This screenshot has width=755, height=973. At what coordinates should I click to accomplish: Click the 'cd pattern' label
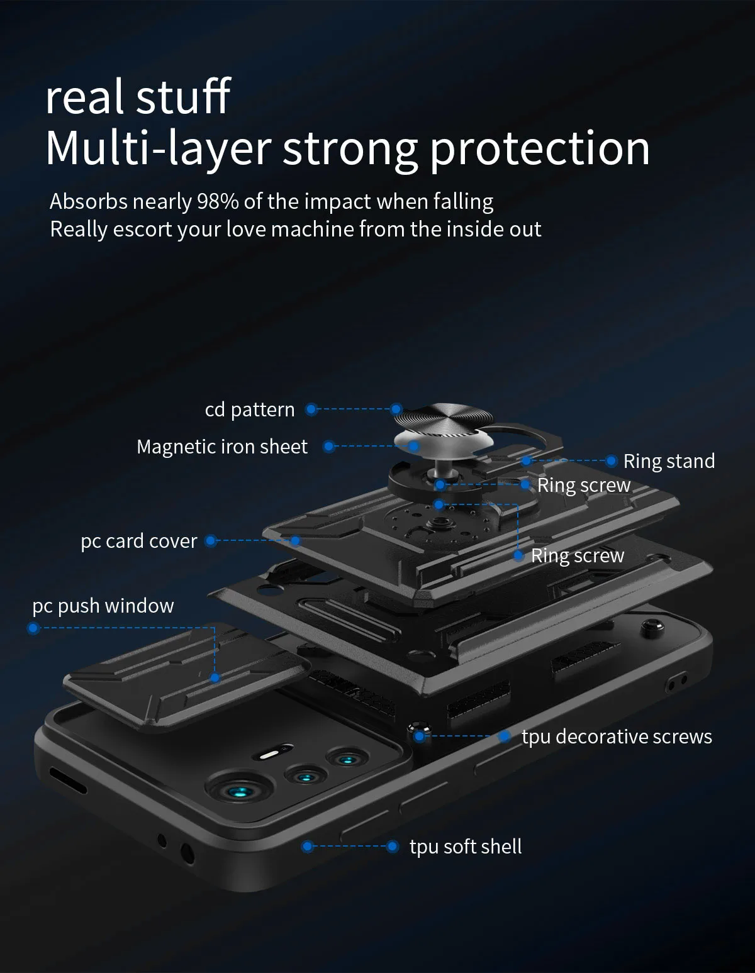click(x=250, y=409)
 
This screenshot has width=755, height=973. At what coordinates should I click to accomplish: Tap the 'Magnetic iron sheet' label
click(x=222, y=447)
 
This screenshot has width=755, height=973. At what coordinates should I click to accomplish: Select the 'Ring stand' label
click(x=669, y=461)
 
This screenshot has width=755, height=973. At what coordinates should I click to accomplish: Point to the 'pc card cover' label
click(x=139, y=541)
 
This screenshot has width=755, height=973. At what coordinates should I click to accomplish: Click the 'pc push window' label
click(x=103, y=606)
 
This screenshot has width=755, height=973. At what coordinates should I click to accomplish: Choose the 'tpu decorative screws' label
click(x=617, y=737)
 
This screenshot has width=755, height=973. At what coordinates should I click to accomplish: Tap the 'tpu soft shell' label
click(x=466, y=847)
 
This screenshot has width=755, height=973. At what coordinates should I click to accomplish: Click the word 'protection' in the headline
click(x=540, y=148)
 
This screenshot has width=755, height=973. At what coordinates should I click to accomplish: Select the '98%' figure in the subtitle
click(x=218, y=202)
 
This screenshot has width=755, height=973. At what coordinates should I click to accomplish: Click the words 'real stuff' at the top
click(x=138, y=97)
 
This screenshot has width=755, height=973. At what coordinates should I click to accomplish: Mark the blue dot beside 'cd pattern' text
click(x=311, y=409)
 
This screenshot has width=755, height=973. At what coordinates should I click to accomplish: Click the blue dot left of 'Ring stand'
click(x=611, y=461)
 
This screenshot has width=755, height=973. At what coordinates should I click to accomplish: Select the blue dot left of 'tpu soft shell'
click(x=392, y=847)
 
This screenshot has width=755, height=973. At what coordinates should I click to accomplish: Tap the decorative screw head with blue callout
click(x=417, y=733)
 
